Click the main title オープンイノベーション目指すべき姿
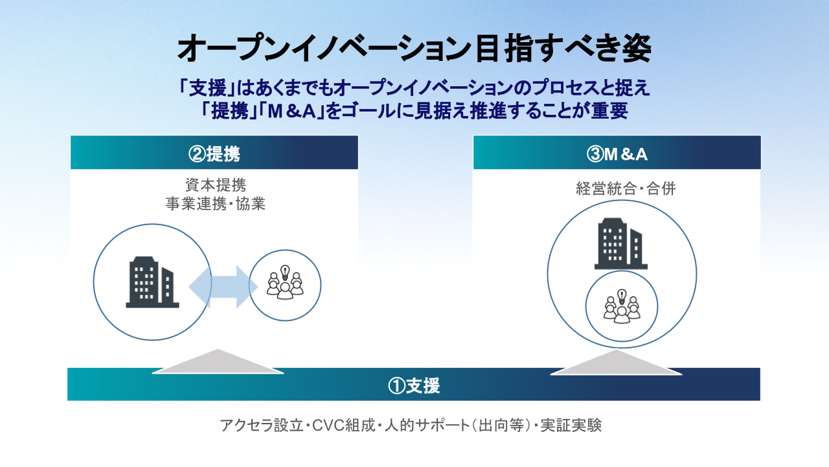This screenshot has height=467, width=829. click(414, 49)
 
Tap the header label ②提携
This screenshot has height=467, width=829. click(214, 154)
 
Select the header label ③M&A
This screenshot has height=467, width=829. click(617, 154)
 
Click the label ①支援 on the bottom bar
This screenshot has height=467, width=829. click(414, 385)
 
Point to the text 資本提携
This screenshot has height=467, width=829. click(216, 185)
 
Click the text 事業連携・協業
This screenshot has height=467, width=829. click(216, 204)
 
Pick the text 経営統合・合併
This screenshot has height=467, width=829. click(626, 188)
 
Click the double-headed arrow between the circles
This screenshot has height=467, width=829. click(223, 287)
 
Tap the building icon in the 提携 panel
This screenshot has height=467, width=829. click(152, 282)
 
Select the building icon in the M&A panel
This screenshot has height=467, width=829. click(620, 243)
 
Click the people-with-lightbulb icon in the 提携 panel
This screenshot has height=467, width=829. click(285, 282)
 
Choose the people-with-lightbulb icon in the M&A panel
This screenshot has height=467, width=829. click(622, 306)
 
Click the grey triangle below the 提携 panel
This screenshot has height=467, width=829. click(218, 362)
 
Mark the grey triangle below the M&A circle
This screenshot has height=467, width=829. click(616, 363)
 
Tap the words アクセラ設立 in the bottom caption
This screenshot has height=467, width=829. click(262, 425)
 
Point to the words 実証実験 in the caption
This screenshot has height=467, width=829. click(571, 425)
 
